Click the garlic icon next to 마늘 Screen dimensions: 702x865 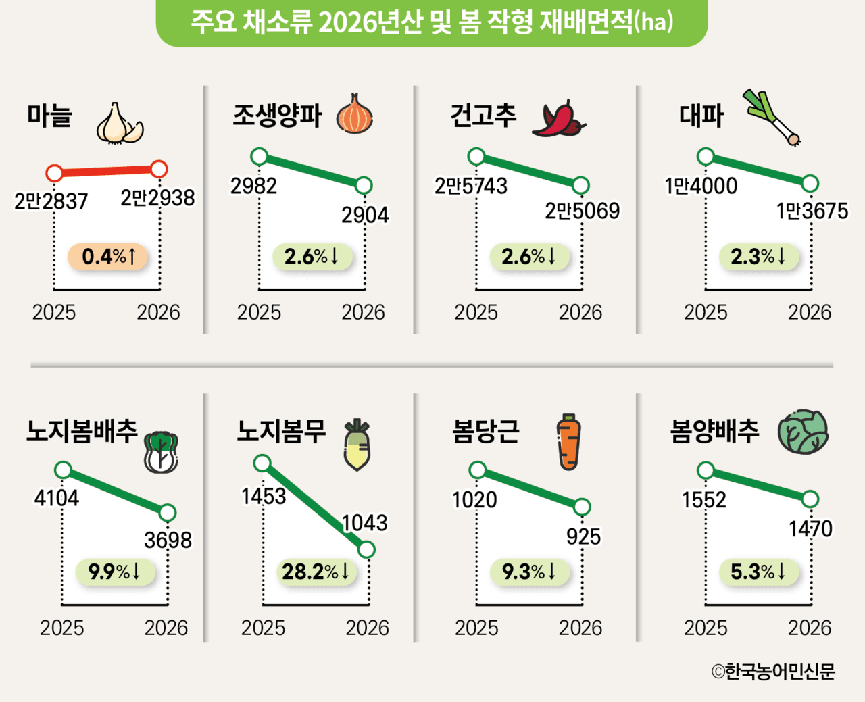pos(120,124)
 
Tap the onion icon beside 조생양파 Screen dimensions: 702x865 pos(354,114)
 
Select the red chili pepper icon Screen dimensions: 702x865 pos(558,119)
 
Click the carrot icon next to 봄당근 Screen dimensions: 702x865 pos(569,441)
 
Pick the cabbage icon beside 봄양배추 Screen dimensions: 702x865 pos(803,432)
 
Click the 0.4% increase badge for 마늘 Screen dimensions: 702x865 pos(108,257)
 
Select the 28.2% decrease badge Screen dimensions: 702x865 pos(316,572)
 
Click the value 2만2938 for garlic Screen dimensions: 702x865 pos(157,198)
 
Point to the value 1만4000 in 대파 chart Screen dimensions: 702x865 pos(701,186)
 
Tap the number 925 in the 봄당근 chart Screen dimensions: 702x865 pos(583,536)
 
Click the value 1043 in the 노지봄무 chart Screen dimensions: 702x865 pos(365,523)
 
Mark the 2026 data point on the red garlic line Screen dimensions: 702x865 pos(159,169)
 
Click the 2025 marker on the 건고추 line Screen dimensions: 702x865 pos(476,157)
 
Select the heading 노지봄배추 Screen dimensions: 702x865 pos(82,431)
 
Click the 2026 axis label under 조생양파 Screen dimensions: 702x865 pos(363,312)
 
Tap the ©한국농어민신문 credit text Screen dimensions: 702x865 pos(773,672)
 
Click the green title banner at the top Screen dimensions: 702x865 pos(432,22)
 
